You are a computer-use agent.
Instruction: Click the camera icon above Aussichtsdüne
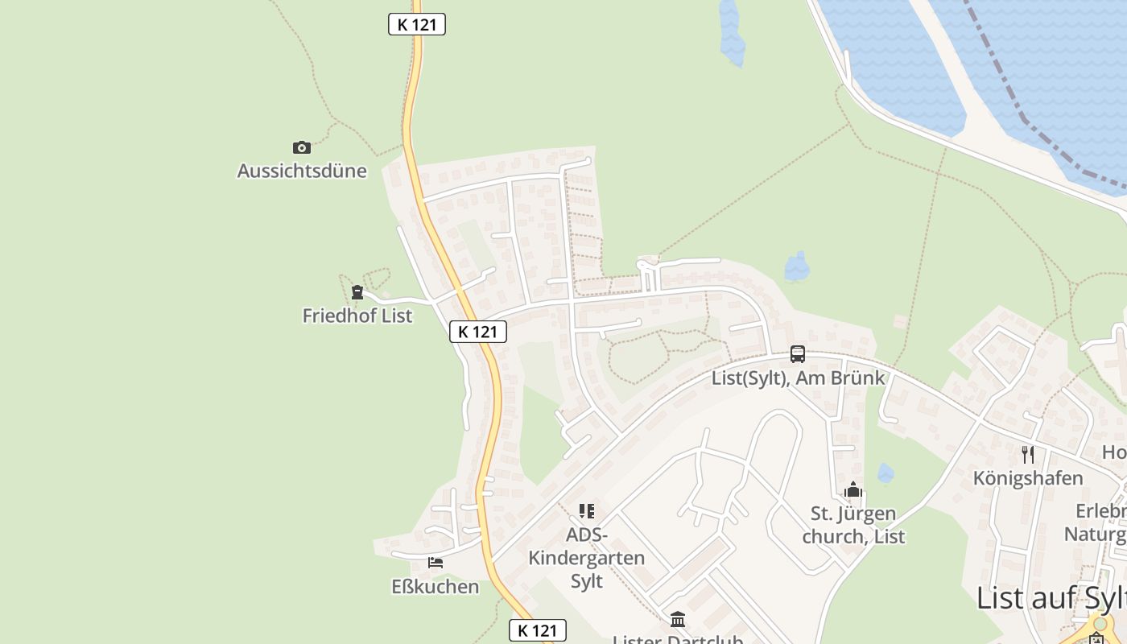(302, 147)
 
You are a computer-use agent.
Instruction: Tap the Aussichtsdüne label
(302, 171)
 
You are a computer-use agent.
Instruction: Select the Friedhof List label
(357, 316)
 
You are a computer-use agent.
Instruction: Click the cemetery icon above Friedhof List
(357, 292)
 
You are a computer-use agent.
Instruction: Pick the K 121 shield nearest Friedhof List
(478, 331)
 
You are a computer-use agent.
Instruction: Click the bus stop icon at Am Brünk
(798, 354)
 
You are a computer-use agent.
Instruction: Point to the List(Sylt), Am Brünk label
(798, 378)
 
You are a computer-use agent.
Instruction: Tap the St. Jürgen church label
(853, 525)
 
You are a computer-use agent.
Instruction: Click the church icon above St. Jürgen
(853, 489)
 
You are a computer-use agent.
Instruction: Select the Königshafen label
(1028, 478)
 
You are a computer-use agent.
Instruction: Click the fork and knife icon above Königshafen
(1028, 455)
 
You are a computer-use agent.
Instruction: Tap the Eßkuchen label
(435, 586)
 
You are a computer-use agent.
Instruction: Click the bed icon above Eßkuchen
(436, 563)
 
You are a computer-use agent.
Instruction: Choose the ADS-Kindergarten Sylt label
(586, 557)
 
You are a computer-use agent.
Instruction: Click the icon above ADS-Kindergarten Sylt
(587, 511)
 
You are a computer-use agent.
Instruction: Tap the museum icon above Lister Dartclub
(678, 620)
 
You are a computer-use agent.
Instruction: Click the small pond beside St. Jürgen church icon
(885, 473)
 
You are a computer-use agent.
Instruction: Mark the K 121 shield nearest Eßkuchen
(538, 630)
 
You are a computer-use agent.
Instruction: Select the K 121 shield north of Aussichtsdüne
(417, 24)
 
